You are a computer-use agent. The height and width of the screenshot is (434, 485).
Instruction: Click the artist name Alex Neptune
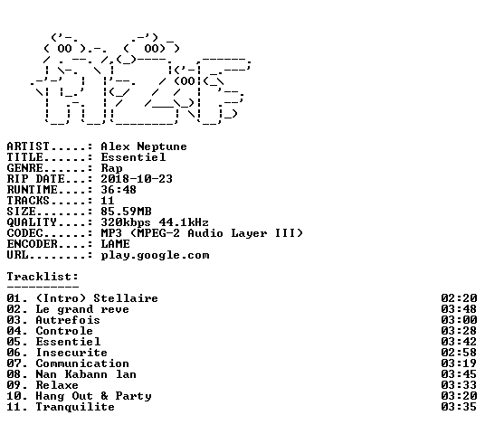point(144,146)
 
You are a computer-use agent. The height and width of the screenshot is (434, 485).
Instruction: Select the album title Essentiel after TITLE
point(133,157)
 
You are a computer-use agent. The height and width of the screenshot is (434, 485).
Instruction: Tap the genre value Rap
point(111,168)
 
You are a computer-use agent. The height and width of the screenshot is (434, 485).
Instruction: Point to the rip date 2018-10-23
point(137,179)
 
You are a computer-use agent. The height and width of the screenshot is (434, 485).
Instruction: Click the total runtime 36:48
point(119,190)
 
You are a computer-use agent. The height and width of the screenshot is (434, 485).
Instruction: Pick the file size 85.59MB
point(126,212)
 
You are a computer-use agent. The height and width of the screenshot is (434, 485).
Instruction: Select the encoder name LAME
point(115,244)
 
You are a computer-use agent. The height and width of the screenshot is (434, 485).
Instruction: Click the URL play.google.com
point(155,256)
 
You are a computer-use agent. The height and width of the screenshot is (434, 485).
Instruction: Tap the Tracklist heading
point(43,277)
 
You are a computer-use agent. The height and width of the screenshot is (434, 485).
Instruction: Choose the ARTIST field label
point(28,146)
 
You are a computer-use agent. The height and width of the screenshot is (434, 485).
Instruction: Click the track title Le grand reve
point(82,309)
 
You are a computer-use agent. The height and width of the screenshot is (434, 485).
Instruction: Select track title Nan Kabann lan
point(86,374)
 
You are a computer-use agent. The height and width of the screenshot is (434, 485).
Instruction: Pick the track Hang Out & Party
point(93,396)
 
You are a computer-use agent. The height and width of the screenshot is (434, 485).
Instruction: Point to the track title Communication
point(82,363)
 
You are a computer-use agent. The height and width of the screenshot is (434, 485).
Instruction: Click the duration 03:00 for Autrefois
point(459,320)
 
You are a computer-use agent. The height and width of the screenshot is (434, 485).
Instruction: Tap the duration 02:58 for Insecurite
point(459,353)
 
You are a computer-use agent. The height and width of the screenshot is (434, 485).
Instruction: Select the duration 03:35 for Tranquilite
point(459,407)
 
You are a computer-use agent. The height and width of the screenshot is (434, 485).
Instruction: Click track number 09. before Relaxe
point(17,385)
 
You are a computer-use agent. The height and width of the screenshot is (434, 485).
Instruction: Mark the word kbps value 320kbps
point(126,222)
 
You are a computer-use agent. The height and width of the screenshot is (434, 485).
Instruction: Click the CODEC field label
point(24,233)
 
